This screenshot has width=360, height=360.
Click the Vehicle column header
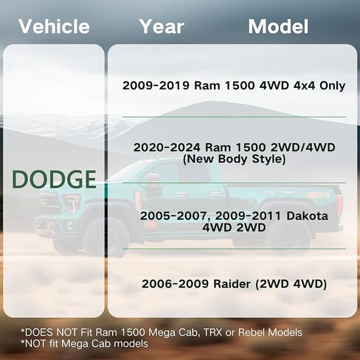coord(54,27)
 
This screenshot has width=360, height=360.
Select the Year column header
coord(162,27)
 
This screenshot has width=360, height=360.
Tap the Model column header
coord(278,27)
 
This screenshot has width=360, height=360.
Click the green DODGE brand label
coord(54,179)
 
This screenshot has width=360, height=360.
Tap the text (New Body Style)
coord(234,159)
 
